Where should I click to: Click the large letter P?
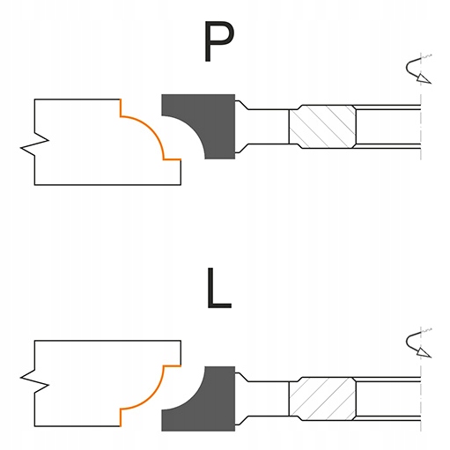tap(218, 41)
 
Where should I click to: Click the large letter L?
tap(219, 288)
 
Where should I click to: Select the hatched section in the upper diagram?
tap(322, 127)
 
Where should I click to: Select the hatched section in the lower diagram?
tap(322, 399)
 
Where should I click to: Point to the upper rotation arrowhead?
tap(424, 78)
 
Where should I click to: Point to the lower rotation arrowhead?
tap(424, 352)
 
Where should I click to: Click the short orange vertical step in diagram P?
tap(121, 107)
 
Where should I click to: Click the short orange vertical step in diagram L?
tap(121, 417)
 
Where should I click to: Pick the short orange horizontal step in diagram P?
tap(172, 159)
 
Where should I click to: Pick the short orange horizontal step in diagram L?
tap(172, 365)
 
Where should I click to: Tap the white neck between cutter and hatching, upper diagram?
tap(262, 127)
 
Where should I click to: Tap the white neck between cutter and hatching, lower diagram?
tap(262, 399)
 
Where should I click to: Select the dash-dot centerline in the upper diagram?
tap(421, 107)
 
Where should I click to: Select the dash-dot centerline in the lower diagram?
tap(421, 379)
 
